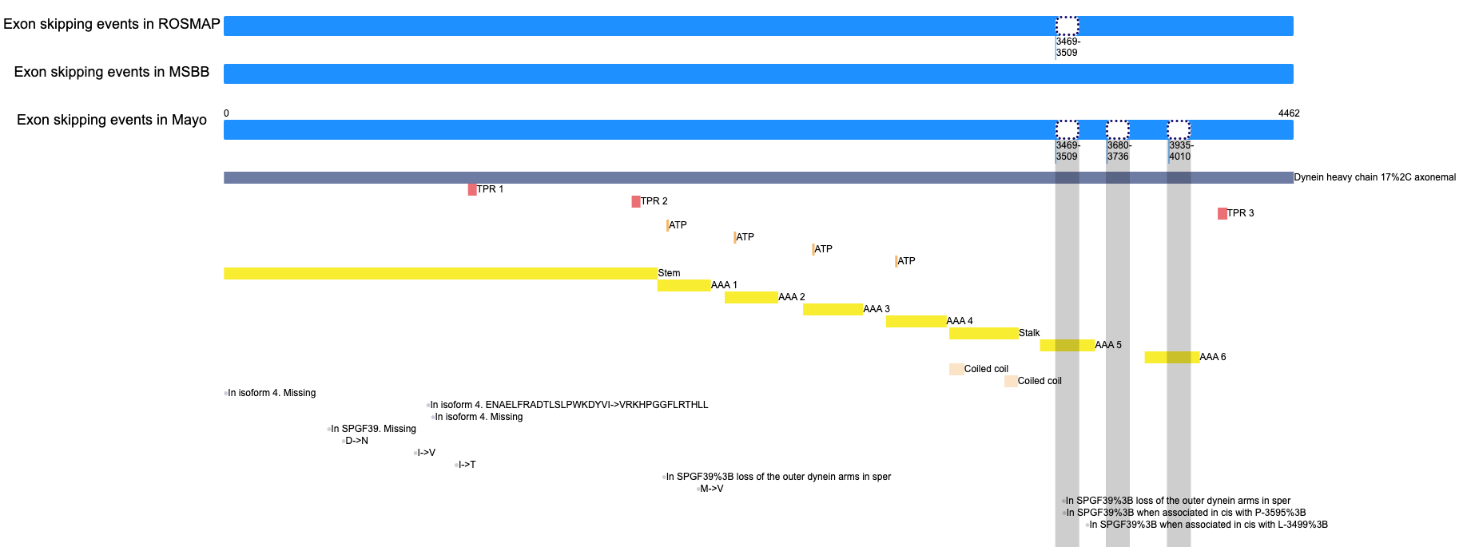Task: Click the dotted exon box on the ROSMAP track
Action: tap(1067, 26)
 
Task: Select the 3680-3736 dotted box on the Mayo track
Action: tap(1117, 129)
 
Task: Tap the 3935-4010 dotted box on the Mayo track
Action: tap(1179, 129)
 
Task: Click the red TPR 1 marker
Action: tap(472, 189)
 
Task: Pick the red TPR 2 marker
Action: tap(636, 201)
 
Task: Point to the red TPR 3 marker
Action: tap(1222, 213)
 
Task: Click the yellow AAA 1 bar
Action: tap(684, 285)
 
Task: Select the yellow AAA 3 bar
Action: tap(833, 309)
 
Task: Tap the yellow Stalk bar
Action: tap(984, 333)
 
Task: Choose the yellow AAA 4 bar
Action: tap(916, 321)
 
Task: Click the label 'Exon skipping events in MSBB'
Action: tap(112, 72)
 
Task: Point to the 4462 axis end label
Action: tap(1289, 113)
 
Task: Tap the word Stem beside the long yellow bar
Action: tap(669, 273)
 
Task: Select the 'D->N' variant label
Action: tap(356, 441)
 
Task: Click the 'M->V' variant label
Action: tap(712, 489)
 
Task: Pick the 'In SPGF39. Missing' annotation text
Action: tap(374, 429)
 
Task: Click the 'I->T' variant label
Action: tap(467, 465)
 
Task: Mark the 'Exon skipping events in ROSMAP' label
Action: tap(112, 24)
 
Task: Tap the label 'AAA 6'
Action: tap(1213, 357)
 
